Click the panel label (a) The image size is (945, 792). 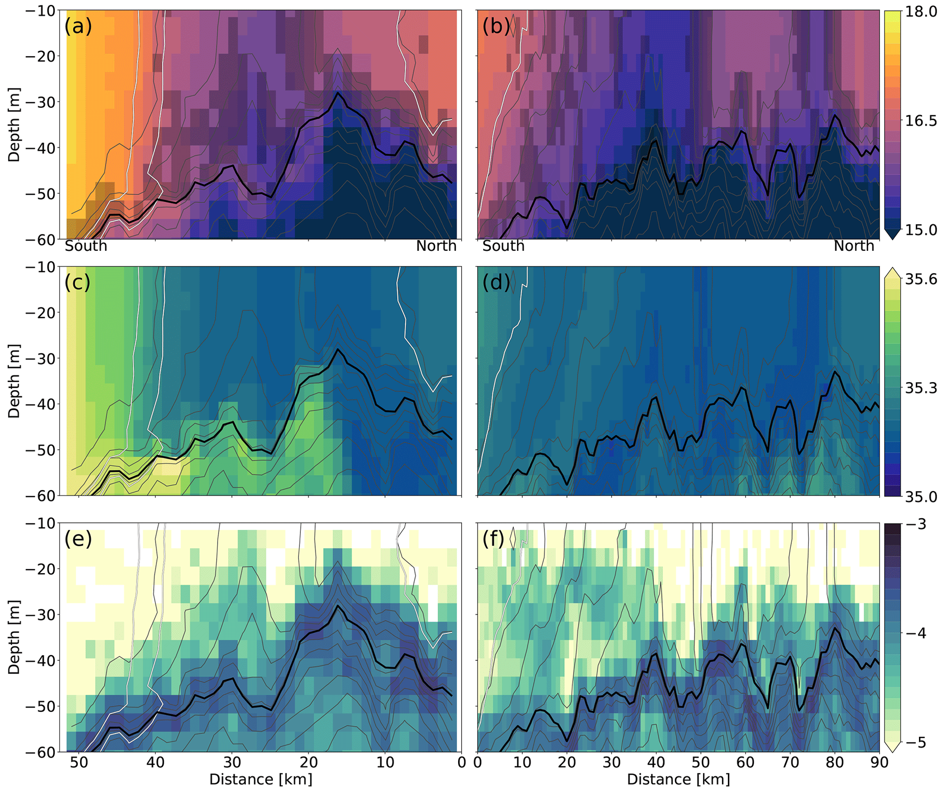(x=78, y=26)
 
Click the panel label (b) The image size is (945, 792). (x=496, y=26)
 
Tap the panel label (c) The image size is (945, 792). (x=78, y=282)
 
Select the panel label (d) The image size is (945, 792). (x=496, y=282)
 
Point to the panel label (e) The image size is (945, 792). (x=78, y=539)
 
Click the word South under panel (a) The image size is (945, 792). (x=86, y=246)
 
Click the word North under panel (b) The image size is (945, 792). (x=854, y=246)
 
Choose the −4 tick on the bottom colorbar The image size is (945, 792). (x=913, y=633)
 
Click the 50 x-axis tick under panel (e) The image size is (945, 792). (x=79, y=762)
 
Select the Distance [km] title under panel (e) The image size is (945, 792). (x=261, y=779)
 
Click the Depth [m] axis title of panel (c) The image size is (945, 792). (x=14, y=381)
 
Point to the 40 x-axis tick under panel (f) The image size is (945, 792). (x=656, y=762)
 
